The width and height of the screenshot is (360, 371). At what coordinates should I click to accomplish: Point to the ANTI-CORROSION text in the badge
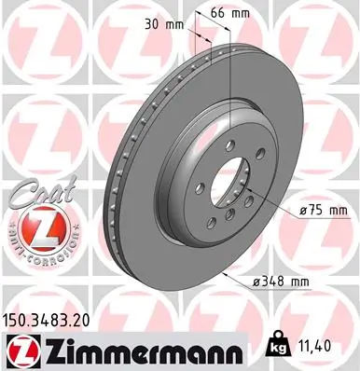tap(35, 246)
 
